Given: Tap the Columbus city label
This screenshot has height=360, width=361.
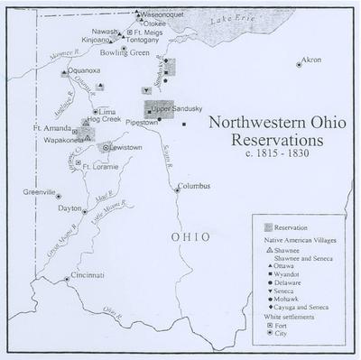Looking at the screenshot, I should pos(193,187).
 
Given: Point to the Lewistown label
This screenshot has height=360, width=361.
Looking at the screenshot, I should pos(127,147).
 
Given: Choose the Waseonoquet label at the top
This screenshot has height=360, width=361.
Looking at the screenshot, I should pos(164,14).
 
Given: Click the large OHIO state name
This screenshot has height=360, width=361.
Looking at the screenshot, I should pos(191,236).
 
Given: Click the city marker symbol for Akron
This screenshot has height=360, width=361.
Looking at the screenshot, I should pos(299,64).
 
